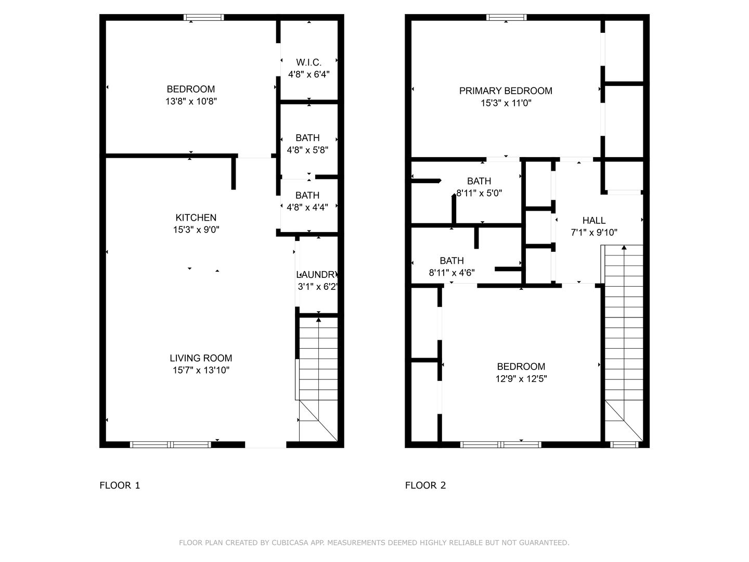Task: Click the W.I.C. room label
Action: [308, 62]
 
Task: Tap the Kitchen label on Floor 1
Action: [196, 218]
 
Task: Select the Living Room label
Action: [201, 358]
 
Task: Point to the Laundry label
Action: [317, 274]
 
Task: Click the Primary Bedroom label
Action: [506, 91]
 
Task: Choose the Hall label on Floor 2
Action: [594, 220]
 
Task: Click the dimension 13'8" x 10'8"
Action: [191, 101]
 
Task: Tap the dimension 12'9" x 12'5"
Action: [521, 378]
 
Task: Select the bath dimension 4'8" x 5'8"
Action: [307, 150]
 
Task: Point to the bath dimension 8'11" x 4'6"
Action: [452, 273]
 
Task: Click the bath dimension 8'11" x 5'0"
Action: [480, 193]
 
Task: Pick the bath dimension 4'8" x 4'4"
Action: [307, 207]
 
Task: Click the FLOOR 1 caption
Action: [120, 485]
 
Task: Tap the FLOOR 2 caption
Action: [425, 485]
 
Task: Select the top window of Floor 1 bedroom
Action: [204, 17]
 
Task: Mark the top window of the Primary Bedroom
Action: [507, 17]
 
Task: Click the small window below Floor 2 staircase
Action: [624, 444]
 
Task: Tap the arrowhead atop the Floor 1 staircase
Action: [319, 320]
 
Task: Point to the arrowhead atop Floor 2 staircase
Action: [624, 247]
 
